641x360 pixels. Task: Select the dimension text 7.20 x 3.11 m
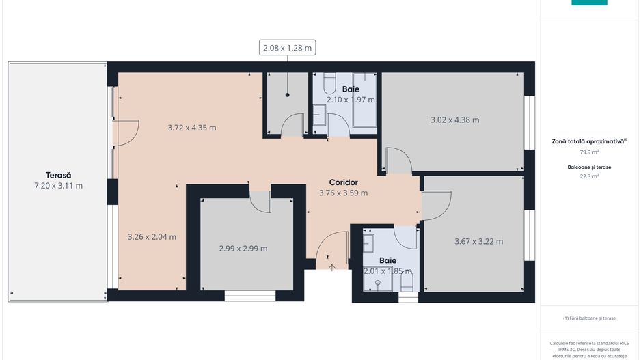click(x=58, y=186)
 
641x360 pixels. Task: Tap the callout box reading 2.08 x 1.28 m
click(x=287, y=47)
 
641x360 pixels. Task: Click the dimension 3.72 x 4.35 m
click(x=192, y=127)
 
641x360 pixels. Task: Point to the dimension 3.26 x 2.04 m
click(x=152, y=237)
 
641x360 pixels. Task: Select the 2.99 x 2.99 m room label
click(x=243, y=248)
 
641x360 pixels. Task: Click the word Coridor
click(x=343, y=182)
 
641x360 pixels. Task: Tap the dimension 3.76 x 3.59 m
click(x=343, y=193)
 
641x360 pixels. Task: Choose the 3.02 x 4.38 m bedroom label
click(x=454, y=120)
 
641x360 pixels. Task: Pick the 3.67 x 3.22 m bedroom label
click(x=478, y=241)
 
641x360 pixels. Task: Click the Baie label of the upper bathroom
click(x=351, y=89)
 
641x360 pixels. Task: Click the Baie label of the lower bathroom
click(x=387, y=260)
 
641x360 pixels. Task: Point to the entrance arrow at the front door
click(x=332, y=267)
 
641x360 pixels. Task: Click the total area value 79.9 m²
click(x=589, y=152)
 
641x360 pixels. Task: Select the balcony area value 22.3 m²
click(x=589, y=176)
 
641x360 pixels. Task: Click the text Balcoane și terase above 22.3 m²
click(x=589, y=166)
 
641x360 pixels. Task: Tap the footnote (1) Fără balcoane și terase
click(x=589, y=318)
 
